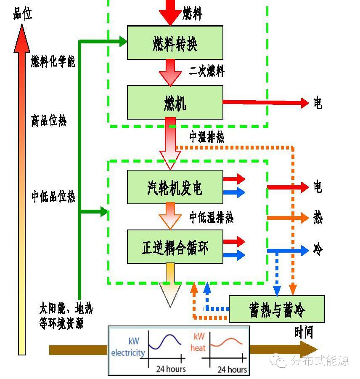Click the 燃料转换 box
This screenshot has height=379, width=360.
point(175,43)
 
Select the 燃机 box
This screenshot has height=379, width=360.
point(175,102)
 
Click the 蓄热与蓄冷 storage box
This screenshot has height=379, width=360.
point(276,309)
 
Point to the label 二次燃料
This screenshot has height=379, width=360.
point(206,71)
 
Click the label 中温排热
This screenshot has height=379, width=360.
point(206,137)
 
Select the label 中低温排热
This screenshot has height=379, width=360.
point(211,218)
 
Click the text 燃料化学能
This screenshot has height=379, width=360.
point(53,62)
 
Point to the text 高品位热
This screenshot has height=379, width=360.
point(48,121)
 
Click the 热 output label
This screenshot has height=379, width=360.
point(318,218)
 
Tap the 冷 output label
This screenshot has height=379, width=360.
point(318,250)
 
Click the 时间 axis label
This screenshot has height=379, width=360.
point(304,332)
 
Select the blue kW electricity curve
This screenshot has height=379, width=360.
point(164,342)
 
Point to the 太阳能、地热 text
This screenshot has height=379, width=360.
point(66,309)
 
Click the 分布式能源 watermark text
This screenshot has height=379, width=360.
point(320,360)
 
